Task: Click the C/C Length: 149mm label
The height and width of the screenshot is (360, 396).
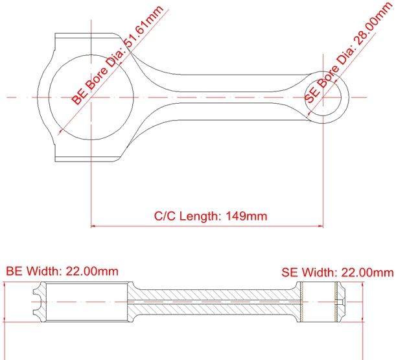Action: pos(211,216)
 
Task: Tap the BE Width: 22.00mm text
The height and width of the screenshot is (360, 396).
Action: pos(62,271)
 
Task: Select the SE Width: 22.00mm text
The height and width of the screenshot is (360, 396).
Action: pos(338,272)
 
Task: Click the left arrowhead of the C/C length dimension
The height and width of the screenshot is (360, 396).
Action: pos(93,226)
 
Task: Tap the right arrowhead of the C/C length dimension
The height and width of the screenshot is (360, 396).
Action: pos(321,226)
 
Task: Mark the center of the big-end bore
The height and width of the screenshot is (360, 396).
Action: pos(91,97)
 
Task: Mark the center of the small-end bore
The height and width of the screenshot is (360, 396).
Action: pos(323,97)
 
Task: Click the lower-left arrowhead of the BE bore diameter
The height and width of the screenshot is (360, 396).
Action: pos(60,132)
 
